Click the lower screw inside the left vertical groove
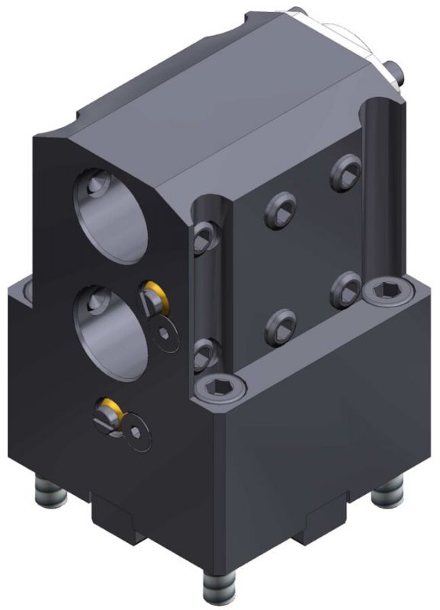[202, 355]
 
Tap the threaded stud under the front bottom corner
[217, 587]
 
